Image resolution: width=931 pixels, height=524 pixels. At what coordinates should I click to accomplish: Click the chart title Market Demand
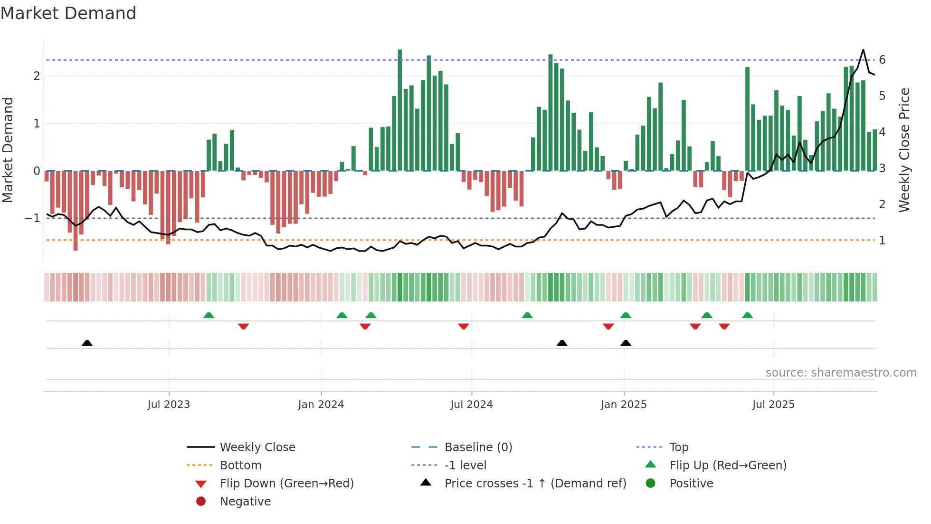68,13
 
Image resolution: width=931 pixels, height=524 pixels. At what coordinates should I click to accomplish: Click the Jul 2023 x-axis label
169,405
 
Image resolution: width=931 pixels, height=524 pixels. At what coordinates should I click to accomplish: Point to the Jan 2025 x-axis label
623,405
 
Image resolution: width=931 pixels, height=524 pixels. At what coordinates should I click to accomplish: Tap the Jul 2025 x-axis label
773,405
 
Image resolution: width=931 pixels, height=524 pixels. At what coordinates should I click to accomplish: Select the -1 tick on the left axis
32,218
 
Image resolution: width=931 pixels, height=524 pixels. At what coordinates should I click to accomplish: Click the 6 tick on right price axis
882,60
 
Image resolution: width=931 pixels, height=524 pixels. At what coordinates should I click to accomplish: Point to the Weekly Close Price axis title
904,150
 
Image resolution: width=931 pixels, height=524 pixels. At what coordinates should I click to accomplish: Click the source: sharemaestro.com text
841,373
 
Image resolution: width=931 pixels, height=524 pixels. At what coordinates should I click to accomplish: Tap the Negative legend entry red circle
201,502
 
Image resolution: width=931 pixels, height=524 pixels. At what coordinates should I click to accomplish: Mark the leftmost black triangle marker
87,343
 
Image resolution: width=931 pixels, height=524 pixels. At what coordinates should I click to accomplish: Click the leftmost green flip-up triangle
209,315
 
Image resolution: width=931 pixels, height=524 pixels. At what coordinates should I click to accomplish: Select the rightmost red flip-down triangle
724,326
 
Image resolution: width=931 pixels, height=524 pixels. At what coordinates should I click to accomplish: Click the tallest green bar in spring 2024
400,109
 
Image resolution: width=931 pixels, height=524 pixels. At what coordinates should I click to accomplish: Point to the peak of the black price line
863,49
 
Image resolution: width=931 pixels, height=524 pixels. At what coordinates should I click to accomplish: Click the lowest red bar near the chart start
76,212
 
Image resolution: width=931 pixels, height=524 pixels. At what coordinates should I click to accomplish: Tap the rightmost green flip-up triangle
747,315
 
